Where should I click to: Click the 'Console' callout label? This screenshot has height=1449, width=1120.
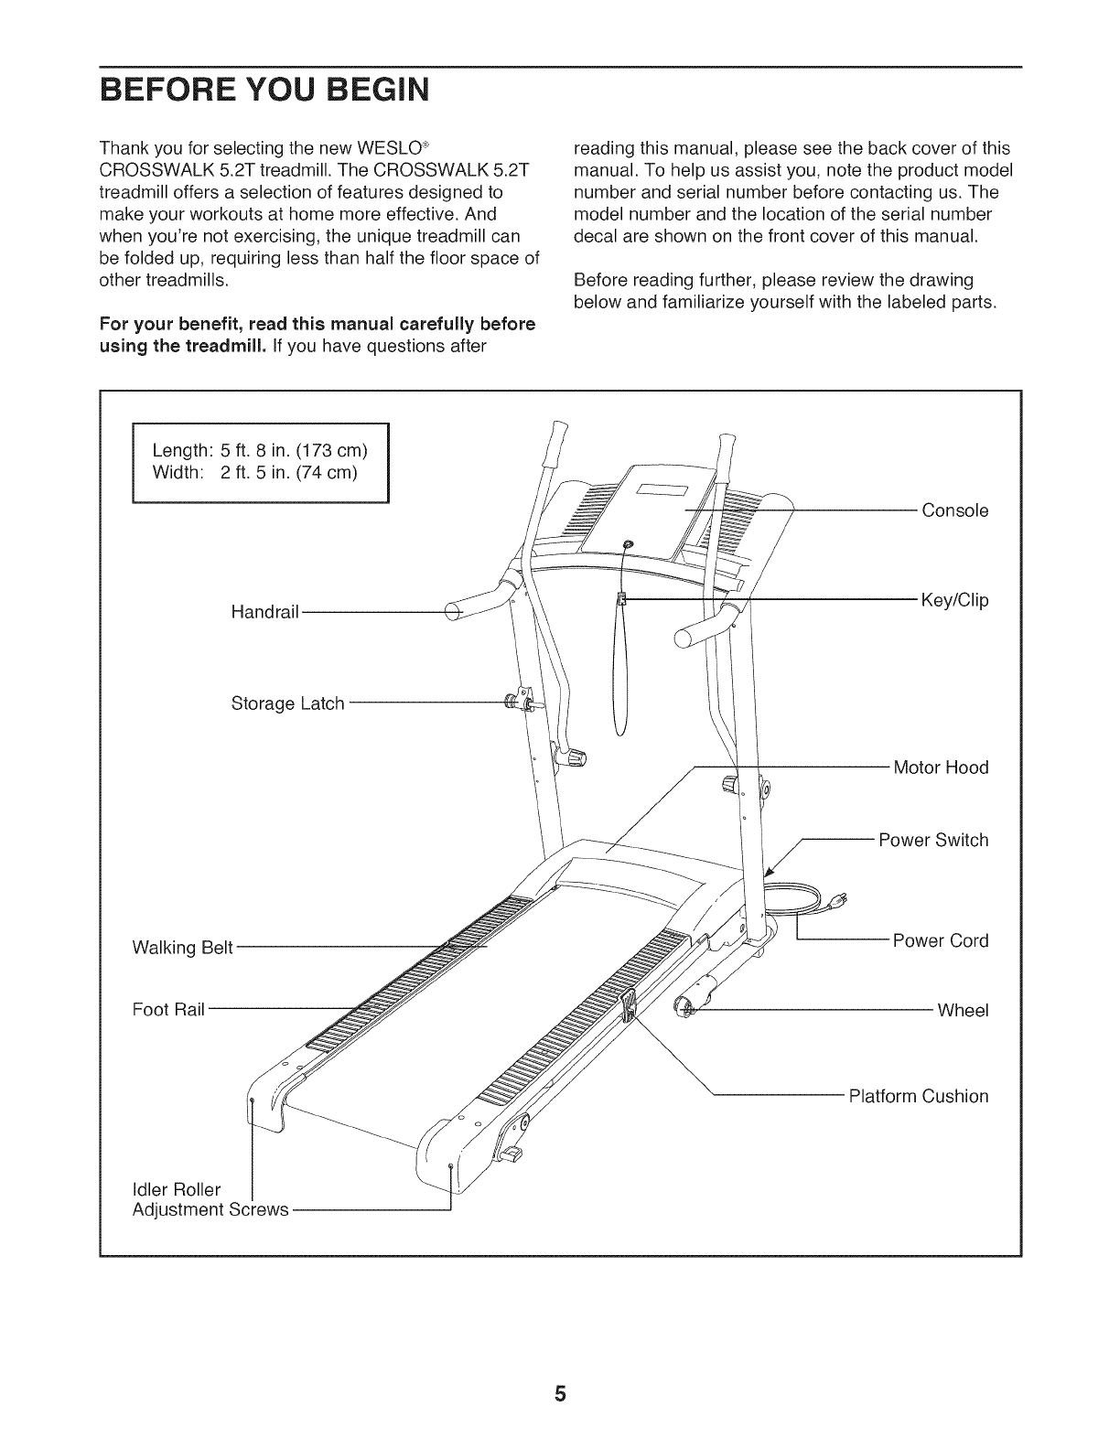[954, 510]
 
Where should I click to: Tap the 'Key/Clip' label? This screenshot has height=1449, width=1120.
[954, 601]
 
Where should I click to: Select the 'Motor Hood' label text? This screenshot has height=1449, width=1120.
[940, 767]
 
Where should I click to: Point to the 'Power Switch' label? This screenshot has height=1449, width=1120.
[932, 840]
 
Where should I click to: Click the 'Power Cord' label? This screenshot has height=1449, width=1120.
[940, 940]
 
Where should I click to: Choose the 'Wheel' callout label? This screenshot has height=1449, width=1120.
[963, 1011]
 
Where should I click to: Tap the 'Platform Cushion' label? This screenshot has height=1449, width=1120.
[918, 1096]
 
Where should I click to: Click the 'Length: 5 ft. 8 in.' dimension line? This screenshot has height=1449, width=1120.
[260, 451]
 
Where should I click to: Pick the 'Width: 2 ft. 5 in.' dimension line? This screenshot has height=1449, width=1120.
[254, 472]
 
